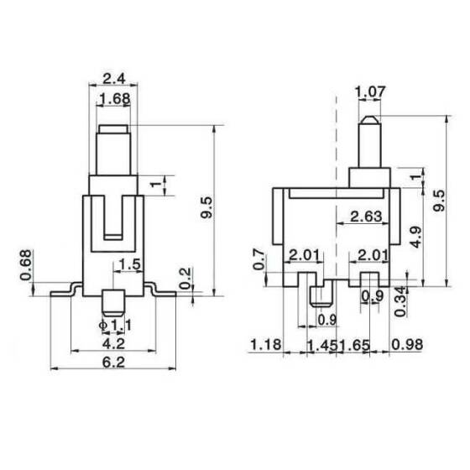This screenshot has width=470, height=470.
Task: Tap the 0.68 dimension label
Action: click(27, 264)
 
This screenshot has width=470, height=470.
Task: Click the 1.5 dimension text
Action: click(130, 265)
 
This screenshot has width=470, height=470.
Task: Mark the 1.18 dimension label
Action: click(264, 344)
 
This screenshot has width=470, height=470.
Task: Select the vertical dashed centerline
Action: click(337, 151)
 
